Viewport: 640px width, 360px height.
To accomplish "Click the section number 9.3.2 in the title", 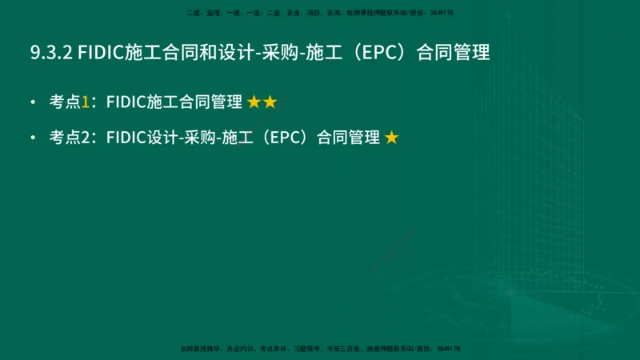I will point(51,53).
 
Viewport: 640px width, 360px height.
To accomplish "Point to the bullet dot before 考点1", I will point(33,102).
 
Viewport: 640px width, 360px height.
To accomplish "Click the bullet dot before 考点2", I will point(33,138).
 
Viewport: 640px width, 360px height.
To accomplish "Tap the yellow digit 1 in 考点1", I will point(86,102).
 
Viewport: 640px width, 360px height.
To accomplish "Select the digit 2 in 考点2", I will point(86,138).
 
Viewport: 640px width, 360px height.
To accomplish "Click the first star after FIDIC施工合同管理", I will point(254,102).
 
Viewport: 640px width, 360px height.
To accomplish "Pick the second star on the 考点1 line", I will point(270,102).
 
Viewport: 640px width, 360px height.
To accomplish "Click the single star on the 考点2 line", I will point(391,138).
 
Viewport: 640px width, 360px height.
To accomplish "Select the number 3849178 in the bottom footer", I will point(446,349).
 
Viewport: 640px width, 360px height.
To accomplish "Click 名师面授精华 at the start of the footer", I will point(199,349).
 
